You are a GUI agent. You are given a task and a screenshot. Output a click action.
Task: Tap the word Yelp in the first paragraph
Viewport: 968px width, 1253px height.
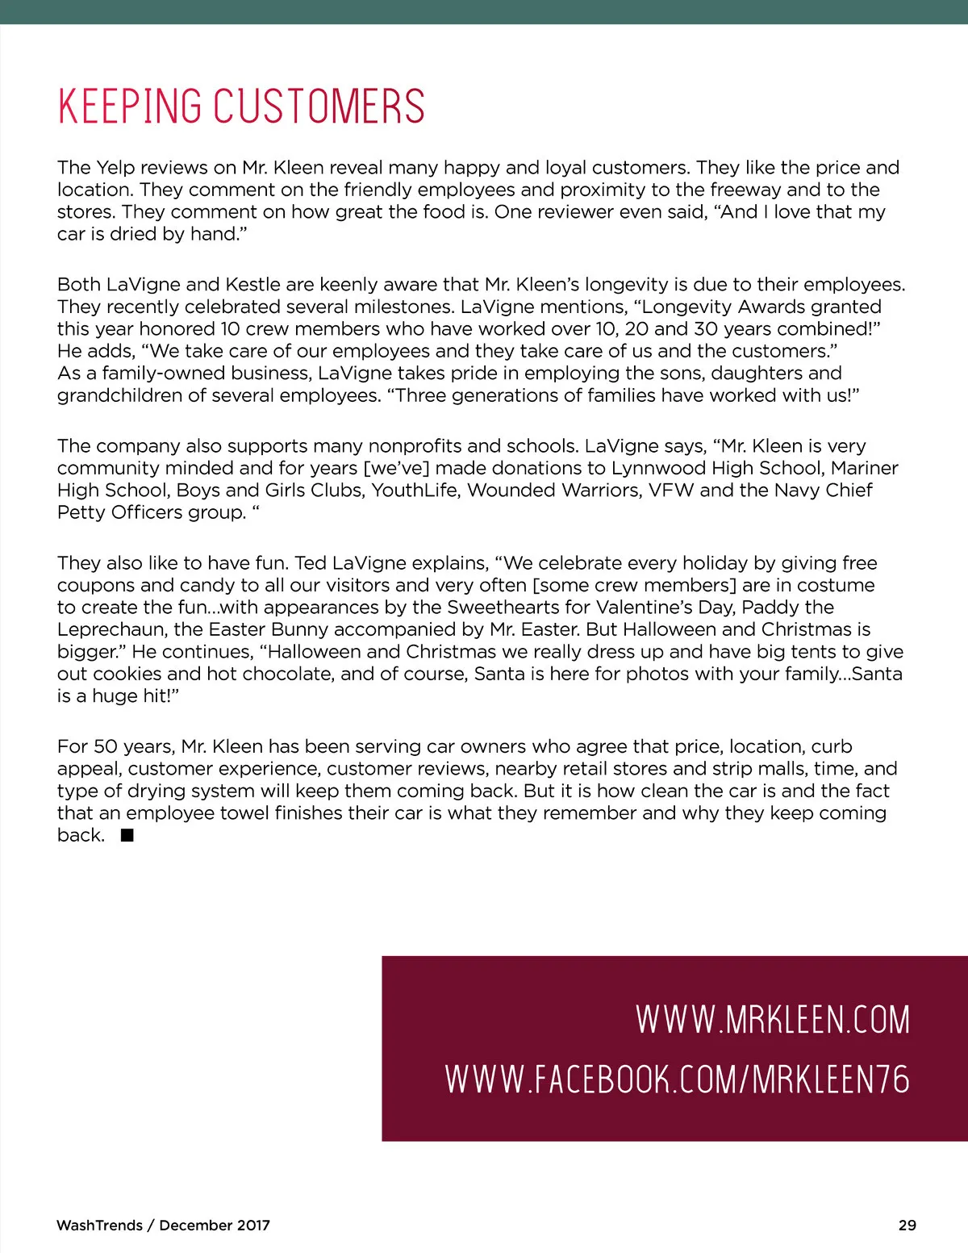[x=115, y=168]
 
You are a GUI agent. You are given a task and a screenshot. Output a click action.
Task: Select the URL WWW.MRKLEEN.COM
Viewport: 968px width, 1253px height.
[x=773, y=1020]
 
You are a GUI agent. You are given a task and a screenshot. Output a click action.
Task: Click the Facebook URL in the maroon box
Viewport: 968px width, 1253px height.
[x=678, y=1080]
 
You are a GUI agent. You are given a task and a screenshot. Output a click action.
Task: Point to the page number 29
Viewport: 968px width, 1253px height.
[x=907, y=1225]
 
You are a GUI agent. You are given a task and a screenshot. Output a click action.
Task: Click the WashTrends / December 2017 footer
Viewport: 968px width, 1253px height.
[x=163, y=1225]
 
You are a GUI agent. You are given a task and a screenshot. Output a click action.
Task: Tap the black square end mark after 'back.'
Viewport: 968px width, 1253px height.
[x=127, y=836]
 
